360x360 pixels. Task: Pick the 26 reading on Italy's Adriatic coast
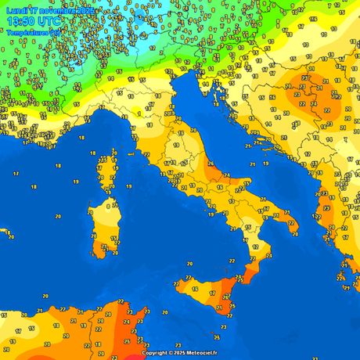211,164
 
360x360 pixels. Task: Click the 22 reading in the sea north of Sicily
232,260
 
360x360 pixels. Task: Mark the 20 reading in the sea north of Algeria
46,297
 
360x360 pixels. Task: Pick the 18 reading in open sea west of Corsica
33,188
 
